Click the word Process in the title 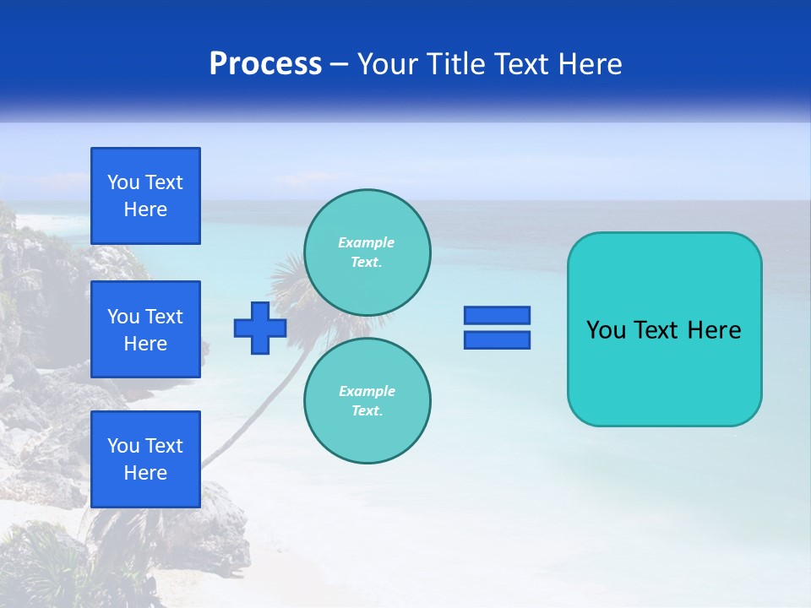click(265, 64)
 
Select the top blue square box click(145, 196)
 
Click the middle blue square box click(145, 329)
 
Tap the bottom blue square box click(145, 459)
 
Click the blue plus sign click(260, 328)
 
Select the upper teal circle click(367, 252)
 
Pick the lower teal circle click(367, 400)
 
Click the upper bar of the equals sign click(497, 315)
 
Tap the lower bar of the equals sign click(497, 340)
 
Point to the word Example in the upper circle click(366, 242)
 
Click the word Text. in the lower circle click(367, 410)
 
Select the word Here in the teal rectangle click(714, 330)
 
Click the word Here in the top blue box click(145, 209)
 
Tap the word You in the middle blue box click(123, 317)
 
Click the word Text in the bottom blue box click(163, 446)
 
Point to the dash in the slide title click(339, 64)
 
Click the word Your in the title click(388, 64)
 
